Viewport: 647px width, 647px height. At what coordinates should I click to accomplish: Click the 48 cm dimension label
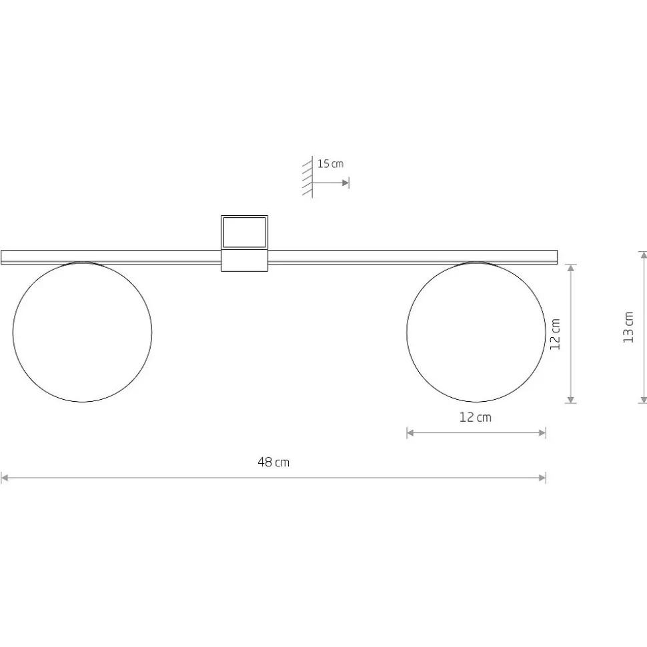click(x=273, y=462)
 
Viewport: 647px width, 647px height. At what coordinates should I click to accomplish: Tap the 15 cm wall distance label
click(x=330, y=164)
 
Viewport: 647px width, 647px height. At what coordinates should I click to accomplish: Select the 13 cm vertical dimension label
click(x=628, y=327)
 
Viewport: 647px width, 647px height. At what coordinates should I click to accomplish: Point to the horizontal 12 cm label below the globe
click(x=476, y=417)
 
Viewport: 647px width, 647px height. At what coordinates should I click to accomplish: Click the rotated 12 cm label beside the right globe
click(x=555, y=334)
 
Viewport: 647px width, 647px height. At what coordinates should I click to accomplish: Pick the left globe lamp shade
click(x=82, y=332)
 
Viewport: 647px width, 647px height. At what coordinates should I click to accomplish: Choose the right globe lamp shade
click(x=476, y=332)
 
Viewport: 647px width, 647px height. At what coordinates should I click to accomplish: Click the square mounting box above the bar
click(x=244, y=233)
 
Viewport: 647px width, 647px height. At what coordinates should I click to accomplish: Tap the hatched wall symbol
click(x=307, y=177)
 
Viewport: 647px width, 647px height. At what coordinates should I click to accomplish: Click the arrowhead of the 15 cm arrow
click(x=346, y=183)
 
